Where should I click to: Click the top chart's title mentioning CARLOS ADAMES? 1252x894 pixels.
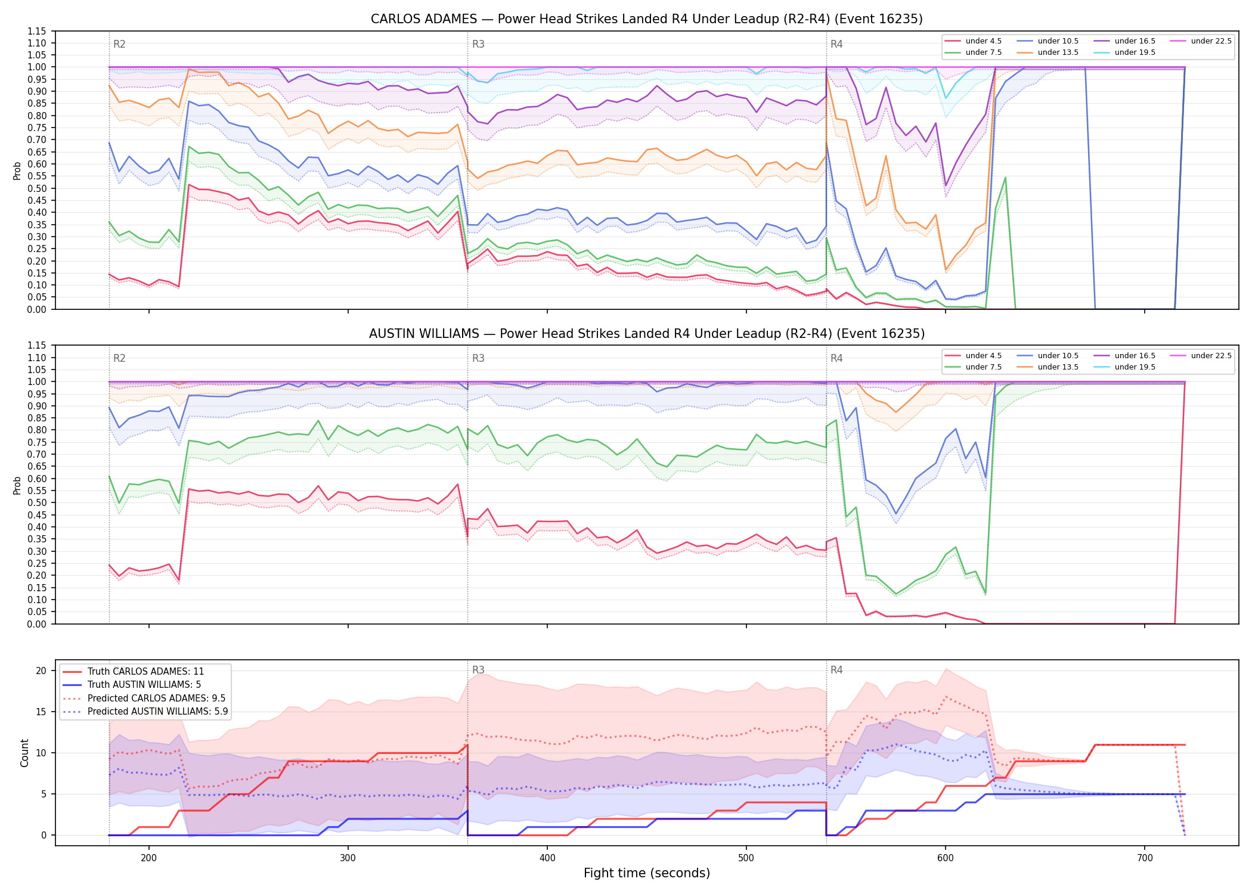click(x=646, y=19)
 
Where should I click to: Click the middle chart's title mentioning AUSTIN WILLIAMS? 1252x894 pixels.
click(x=646, y=334)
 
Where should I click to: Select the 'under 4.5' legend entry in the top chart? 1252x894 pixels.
click(x=974, y=41)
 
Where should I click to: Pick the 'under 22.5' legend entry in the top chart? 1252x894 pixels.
click(x=1201, y=41)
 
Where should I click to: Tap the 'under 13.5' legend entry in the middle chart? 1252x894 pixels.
click(x=1048, y=367)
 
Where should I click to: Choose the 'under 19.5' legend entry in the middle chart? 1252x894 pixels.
click(x=1124, y=367)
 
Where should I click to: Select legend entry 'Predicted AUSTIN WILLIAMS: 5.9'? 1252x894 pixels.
click(x=145, y=711)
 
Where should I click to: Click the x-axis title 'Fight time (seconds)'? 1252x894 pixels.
click(x=647, y=873)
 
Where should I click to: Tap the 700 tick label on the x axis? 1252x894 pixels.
click(x=1145, y=858)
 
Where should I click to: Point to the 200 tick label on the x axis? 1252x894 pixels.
click(x=149, y=858)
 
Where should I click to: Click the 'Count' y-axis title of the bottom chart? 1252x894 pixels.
click(x=24, y=753)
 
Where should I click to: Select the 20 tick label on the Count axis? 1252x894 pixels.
click(x=41, y=670)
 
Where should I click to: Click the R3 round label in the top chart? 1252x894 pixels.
click(x=478, y=44)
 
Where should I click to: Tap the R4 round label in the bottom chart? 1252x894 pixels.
click(x=836, y=670)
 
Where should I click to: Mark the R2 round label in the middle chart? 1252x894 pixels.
click(x=119, y=358)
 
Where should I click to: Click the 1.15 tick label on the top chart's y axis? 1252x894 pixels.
click(x=38, y=31)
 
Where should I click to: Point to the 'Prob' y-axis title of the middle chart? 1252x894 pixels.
click(x=17, y=485)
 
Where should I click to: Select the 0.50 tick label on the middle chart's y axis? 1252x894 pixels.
click(x=38, y=502)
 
